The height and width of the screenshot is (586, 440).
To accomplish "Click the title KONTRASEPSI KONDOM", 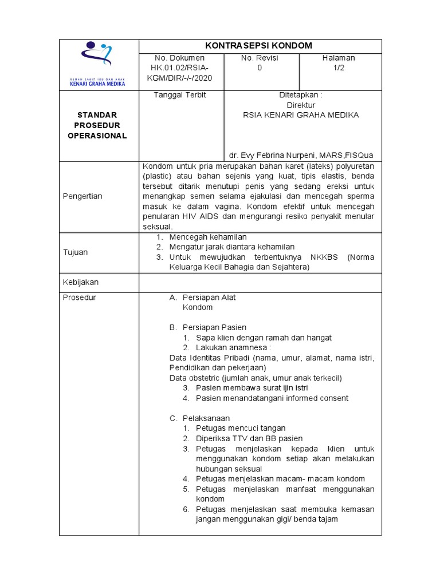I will pyautogui.click(x=260, y=46).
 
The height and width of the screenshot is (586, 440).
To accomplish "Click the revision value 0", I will pyautogui.click(x=260, y=68).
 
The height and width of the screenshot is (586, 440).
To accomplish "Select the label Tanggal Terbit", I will pyautogui.click(x=180, y=95).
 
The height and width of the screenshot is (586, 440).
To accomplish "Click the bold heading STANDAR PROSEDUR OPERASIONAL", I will pyautogui.click(x=98, y=125).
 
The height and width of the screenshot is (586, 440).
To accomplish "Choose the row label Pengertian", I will pyautogui.click(x=82, y=196).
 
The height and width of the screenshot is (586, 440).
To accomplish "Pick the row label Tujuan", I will pyautogui.click(x=76, y=252).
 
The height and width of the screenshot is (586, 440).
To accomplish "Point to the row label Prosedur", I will pyautogui.click(x=80, y=298).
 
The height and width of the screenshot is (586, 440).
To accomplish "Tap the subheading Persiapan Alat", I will pyautogui.click(x=209, y=298).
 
